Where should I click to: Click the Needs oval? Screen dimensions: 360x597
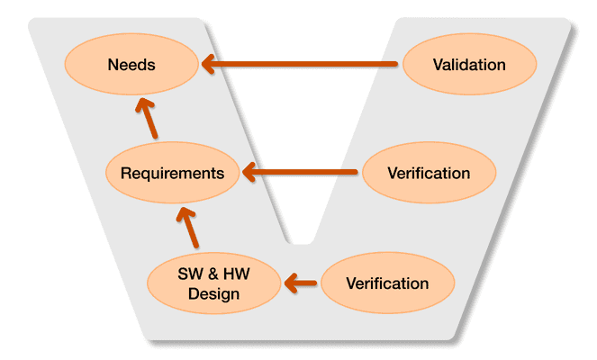[x=131, y=65]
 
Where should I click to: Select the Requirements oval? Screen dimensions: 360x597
[x=172, y=173]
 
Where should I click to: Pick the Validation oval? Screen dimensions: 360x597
[x=468, y=65]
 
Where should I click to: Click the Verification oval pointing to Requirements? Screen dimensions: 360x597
[x=429, y=173]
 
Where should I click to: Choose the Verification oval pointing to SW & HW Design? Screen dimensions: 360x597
[x=387, y=283]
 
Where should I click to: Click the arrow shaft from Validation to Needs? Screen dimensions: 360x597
[x=306, y=65]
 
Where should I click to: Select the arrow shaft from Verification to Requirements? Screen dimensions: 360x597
[x=306, y=171]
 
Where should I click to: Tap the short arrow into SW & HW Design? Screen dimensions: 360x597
[x=302, y=283]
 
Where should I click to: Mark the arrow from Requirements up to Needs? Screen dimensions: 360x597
[x=147, y=118]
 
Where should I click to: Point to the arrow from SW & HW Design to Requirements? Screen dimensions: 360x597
[x=189, y=227]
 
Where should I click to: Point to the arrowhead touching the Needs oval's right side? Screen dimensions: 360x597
[x=209, y=65]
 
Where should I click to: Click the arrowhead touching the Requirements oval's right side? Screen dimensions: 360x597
[x=250, y=171]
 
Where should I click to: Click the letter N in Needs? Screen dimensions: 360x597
[x=113, y=65]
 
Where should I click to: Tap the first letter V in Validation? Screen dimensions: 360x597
[x=437, y=65]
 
